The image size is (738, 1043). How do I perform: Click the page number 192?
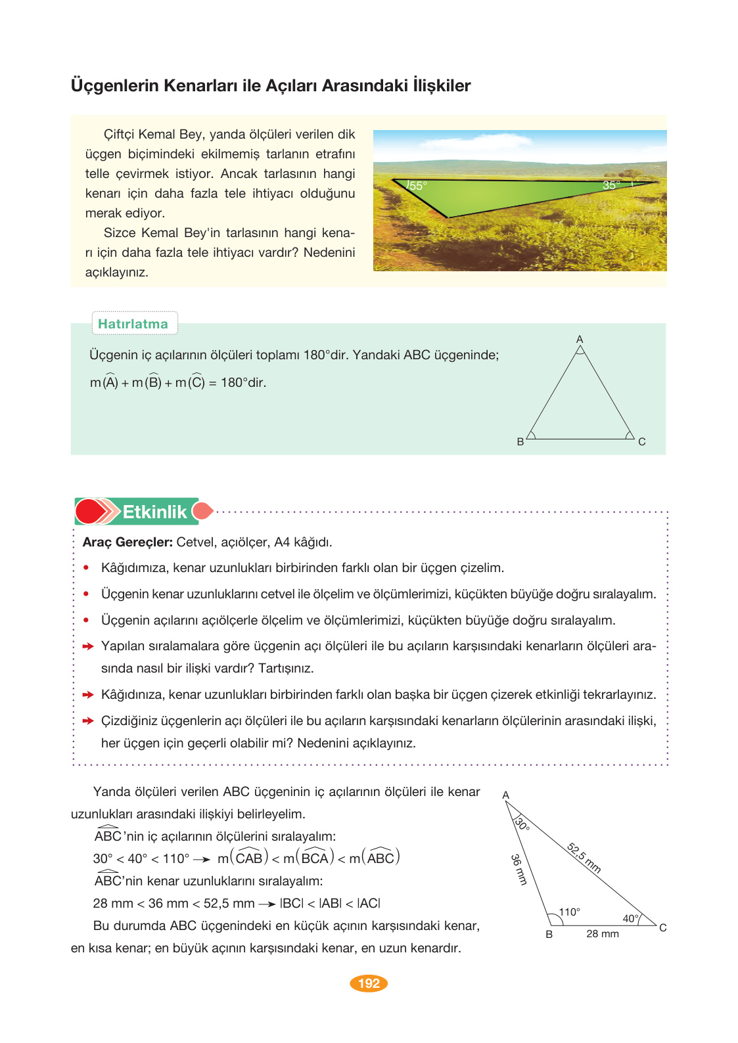[369, 983]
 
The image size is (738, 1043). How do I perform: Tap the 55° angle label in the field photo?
[417, 186]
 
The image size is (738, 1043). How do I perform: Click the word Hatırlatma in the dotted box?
[133, 324]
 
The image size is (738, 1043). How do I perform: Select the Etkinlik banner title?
[154, 512]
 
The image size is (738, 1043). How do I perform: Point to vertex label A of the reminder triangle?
[580, 339]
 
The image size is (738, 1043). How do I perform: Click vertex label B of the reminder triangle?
[520, 442]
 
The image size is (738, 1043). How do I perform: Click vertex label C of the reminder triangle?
[642, 442]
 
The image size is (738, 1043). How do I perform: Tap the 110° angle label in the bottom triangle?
[569, 912]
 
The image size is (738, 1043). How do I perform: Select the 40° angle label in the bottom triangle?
[630, 918]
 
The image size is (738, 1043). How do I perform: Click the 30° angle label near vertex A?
[522, 824]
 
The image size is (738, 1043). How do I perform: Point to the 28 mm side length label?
[603, 934]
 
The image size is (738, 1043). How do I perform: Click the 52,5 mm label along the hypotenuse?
[584, 858]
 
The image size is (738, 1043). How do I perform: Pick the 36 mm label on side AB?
[519, 870]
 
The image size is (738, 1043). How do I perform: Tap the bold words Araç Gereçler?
[127, 543]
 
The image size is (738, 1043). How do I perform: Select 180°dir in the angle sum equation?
[243, 383]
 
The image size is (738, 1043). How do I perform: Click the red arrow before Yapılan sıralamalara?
[88, 646]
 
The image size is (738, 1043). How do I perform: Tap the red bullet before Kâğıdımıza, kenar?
[86, 567]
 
